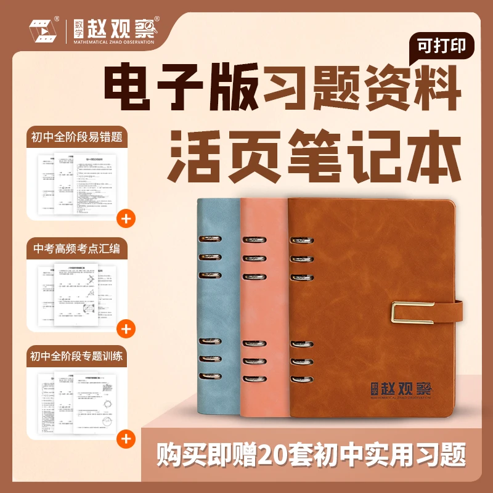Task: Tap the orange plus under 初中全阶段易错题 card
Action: click(x=126, y=218)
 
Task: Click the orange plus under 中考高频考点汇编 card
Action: click(x=126, y=328)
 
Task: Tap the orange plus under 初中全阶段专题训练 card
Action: click(x=126, y=439)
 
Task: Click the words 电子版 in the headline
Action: click(x=179, y=89)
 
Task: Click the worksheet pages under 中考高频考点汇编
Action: click(x=76, y=288)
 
